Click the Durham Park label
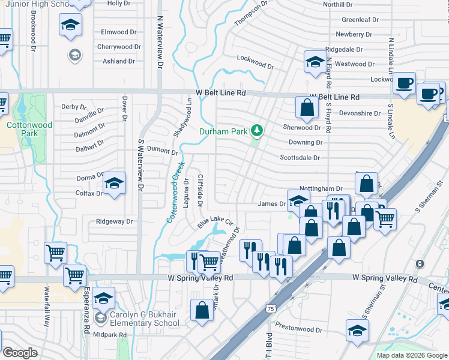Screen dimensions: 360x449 pyautogui.click(x=224, y=130)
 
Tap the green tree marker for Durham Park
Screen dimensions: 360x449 pyautogui.click(x=257, y=130)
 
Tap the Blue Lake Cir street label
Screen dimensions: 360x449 pyautogui.click(x=214, y=222)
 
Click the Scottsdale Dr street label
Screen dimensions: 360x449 pyautogui.click(x=300, y=158)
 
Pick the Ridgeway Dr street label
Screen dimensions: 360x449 pyautogui.click(x=114, y=221)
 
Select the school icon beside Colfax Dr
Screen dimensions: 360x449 pyautogui.click(x=113, y=184)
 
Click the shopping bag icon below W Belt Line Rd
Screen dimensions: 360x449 pyautogui.click(x=306, y=108)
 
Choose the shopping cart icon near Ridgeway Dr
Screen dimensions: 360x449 pyautogui.click(x=55, y=254)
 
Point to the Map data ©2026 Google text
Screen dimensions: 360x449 pyautogui.click(x=412, y=355)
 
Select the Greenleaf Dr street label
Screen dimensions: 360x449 pyautogui.click(x=360, y=19)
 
